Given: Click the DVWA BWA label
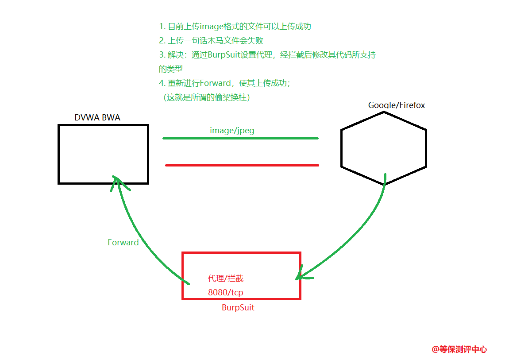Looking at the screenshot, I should click(97, 117).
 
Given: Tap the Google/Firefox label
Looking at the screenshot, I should click(397, 105).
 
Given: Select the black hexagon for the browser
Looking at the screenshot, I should click(383, 148).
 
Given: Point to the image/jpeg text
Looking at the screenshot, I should click(232, 131).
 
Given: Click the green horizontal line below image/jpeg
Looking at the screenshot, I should click(240, 138).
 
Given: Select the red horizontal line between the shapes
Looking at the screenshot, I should click(242, 165).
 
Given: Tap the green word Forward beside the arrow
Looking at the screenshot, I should click(123, 242).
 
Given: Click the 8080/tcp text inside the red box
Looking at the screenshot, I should click(225, 293).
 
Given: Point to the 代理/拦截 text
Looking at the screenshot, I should click(225, 279).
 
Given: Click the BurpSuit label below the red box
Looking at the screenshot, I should click(238, 307).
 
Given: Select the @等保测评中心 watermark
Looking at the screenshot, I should click(459, 349).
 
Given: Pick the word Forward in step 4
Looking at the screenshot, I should click(216, 83).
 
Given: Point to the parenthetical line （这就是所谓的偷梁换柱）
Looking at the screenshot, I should click(207, 97).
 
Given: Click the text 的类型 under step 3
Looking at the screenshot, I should click(171, 69).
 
